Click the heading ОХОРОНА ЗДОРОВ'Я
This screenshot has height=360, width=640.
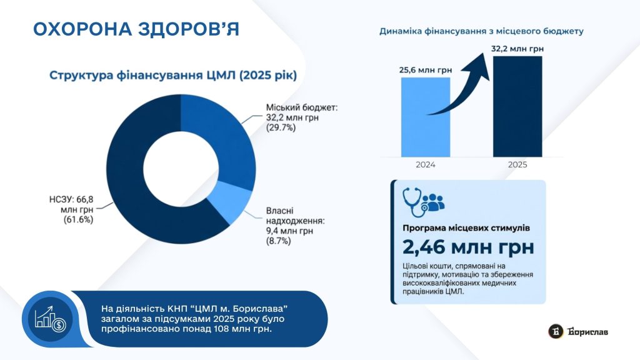136,29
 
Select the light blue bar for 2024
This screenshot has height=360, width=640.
425,117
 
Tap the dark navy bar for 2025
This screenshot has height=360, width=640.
517,106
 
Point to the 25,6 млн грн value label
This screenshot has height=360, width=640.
425,70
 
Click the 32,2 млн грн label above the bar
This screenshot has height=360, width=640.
517,49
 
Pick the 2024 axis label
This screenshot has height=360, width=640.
425,165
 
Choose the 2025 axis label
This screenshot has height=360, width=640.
517,165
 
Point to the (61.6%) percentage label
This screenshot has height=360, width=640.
78,219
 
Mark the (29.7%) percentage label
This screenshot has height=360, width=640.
281,127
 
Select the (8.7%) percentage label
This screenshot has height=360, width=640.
278,241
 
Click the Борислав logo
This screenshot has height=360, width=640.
578,331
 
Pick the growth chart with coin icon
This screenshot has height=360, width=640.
50,319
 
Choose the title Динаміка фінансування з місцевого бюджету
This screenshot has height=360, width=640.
482,31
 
